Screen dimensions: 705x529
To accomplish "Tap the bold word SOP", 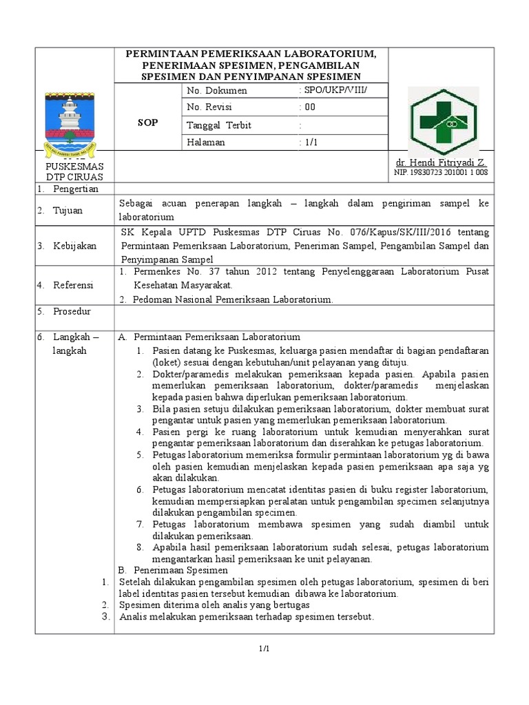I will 147,123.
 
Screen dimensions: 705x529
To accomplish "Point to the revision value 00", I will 310,107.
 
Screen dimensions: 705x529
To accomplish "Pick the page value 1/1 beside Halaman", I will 311,142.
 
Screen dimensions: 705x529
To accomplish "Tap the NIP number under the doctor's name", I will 441,172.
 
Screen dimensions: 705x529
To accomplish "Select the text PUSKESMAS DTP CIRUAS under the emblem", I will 74,171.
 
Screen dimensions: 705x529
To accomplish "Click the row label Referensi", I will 75,285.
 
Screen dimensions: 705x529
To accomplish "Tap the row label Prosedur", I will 72,311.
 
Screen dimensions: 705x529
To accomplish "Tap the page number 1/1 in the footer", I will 264,649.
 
